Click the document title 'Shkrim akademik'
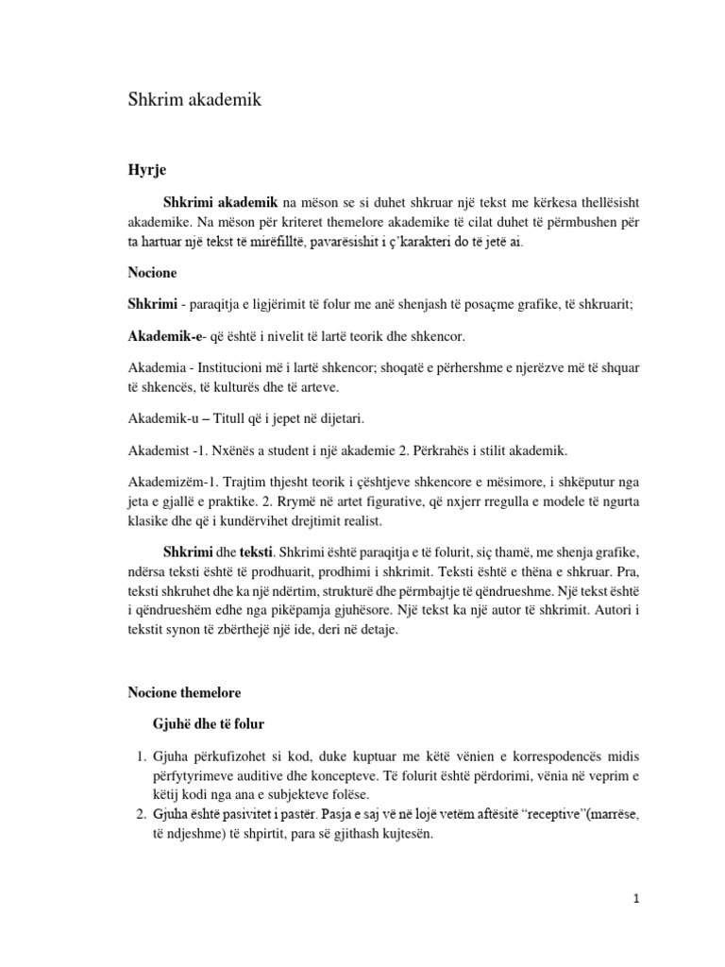pyautogui.click(x=194, y=101)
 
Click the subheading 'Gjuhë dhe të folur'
pyautogui.click(x=209, y=723)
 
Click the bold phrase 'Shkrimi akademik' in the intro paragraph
pyautogui.click(x=219, y=202)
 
